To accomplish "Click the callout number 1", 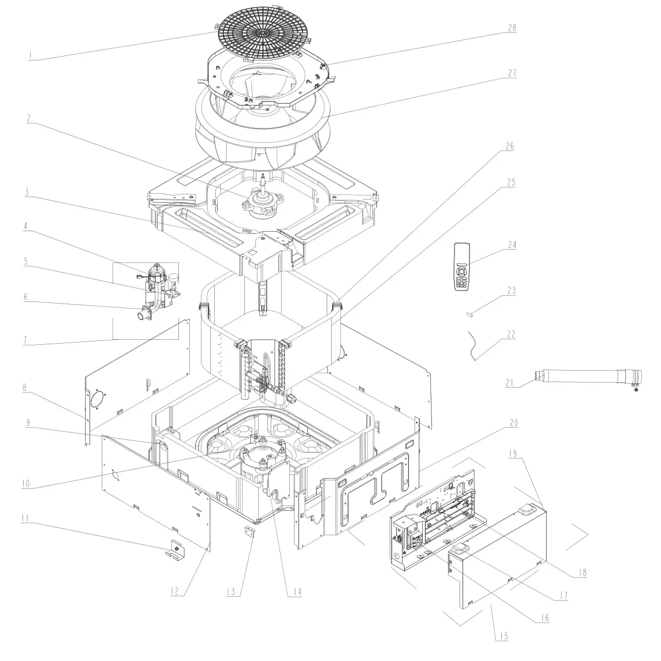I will [x=31, y=55].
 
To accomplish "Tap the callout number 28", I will [x=512, y=28].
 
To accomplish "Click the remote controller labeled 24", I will [x=463, y=267].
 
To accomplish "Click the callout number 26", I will [x=510, y=147].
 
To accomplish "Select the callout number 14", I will [x=297, y=592].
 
